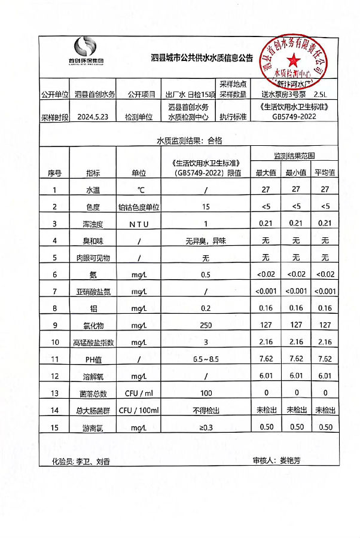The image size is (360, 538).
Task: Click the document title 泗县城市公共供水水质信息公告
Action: click(202, 59)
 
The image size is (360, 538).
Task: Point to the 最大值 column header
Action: click(266, 173)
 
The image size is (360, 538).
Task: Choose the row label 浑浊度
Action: click(93, 224)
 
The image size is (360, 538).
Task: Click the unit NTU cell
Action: click(139, 224)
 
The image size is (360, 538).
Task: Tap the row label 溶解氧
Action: click(93, 377)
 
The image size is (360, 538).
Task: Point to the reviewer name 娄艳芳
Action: click(291, 461)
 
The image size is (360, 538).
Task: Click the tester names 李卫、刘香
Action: click(93, 461)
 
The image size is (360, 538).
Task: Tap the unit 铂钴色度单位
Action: click(139, 207)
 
